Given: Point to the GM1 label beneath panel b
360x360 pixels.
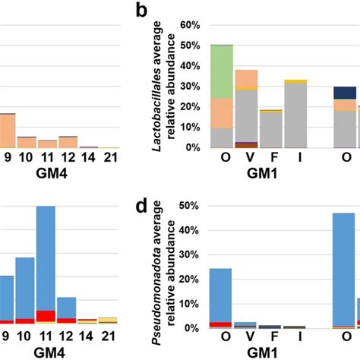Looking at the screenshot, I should [x=258, y=174].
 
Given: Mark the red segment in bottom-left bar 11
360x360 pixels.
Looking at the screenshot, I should [x=46, y=316].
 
